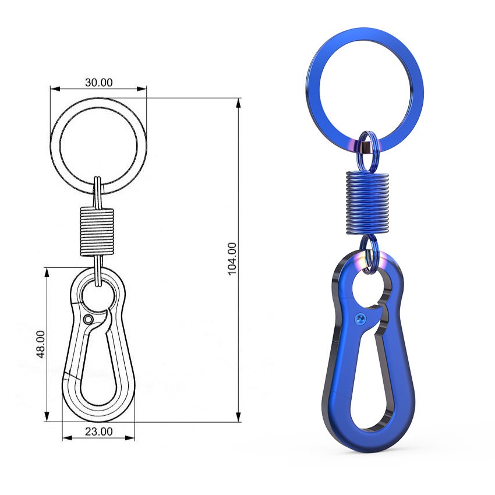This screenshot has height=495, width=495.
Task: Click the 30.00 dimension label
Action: coord(99,82)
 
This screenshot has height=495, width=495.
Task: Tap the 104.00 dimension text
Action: coord(232,259)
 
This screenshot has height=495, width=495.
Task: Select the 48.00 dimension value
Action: coord(41,344)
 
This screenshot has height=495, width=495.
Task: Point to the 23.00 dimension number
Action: coord(99,431)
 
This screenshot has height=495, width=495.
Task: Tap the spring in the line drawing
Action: coord(97,232)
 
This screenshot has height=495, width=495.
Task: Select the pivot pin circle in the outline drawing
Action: coord(88,320)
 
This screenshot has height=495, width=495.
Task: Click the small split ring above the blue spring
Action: coord(366,148)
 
